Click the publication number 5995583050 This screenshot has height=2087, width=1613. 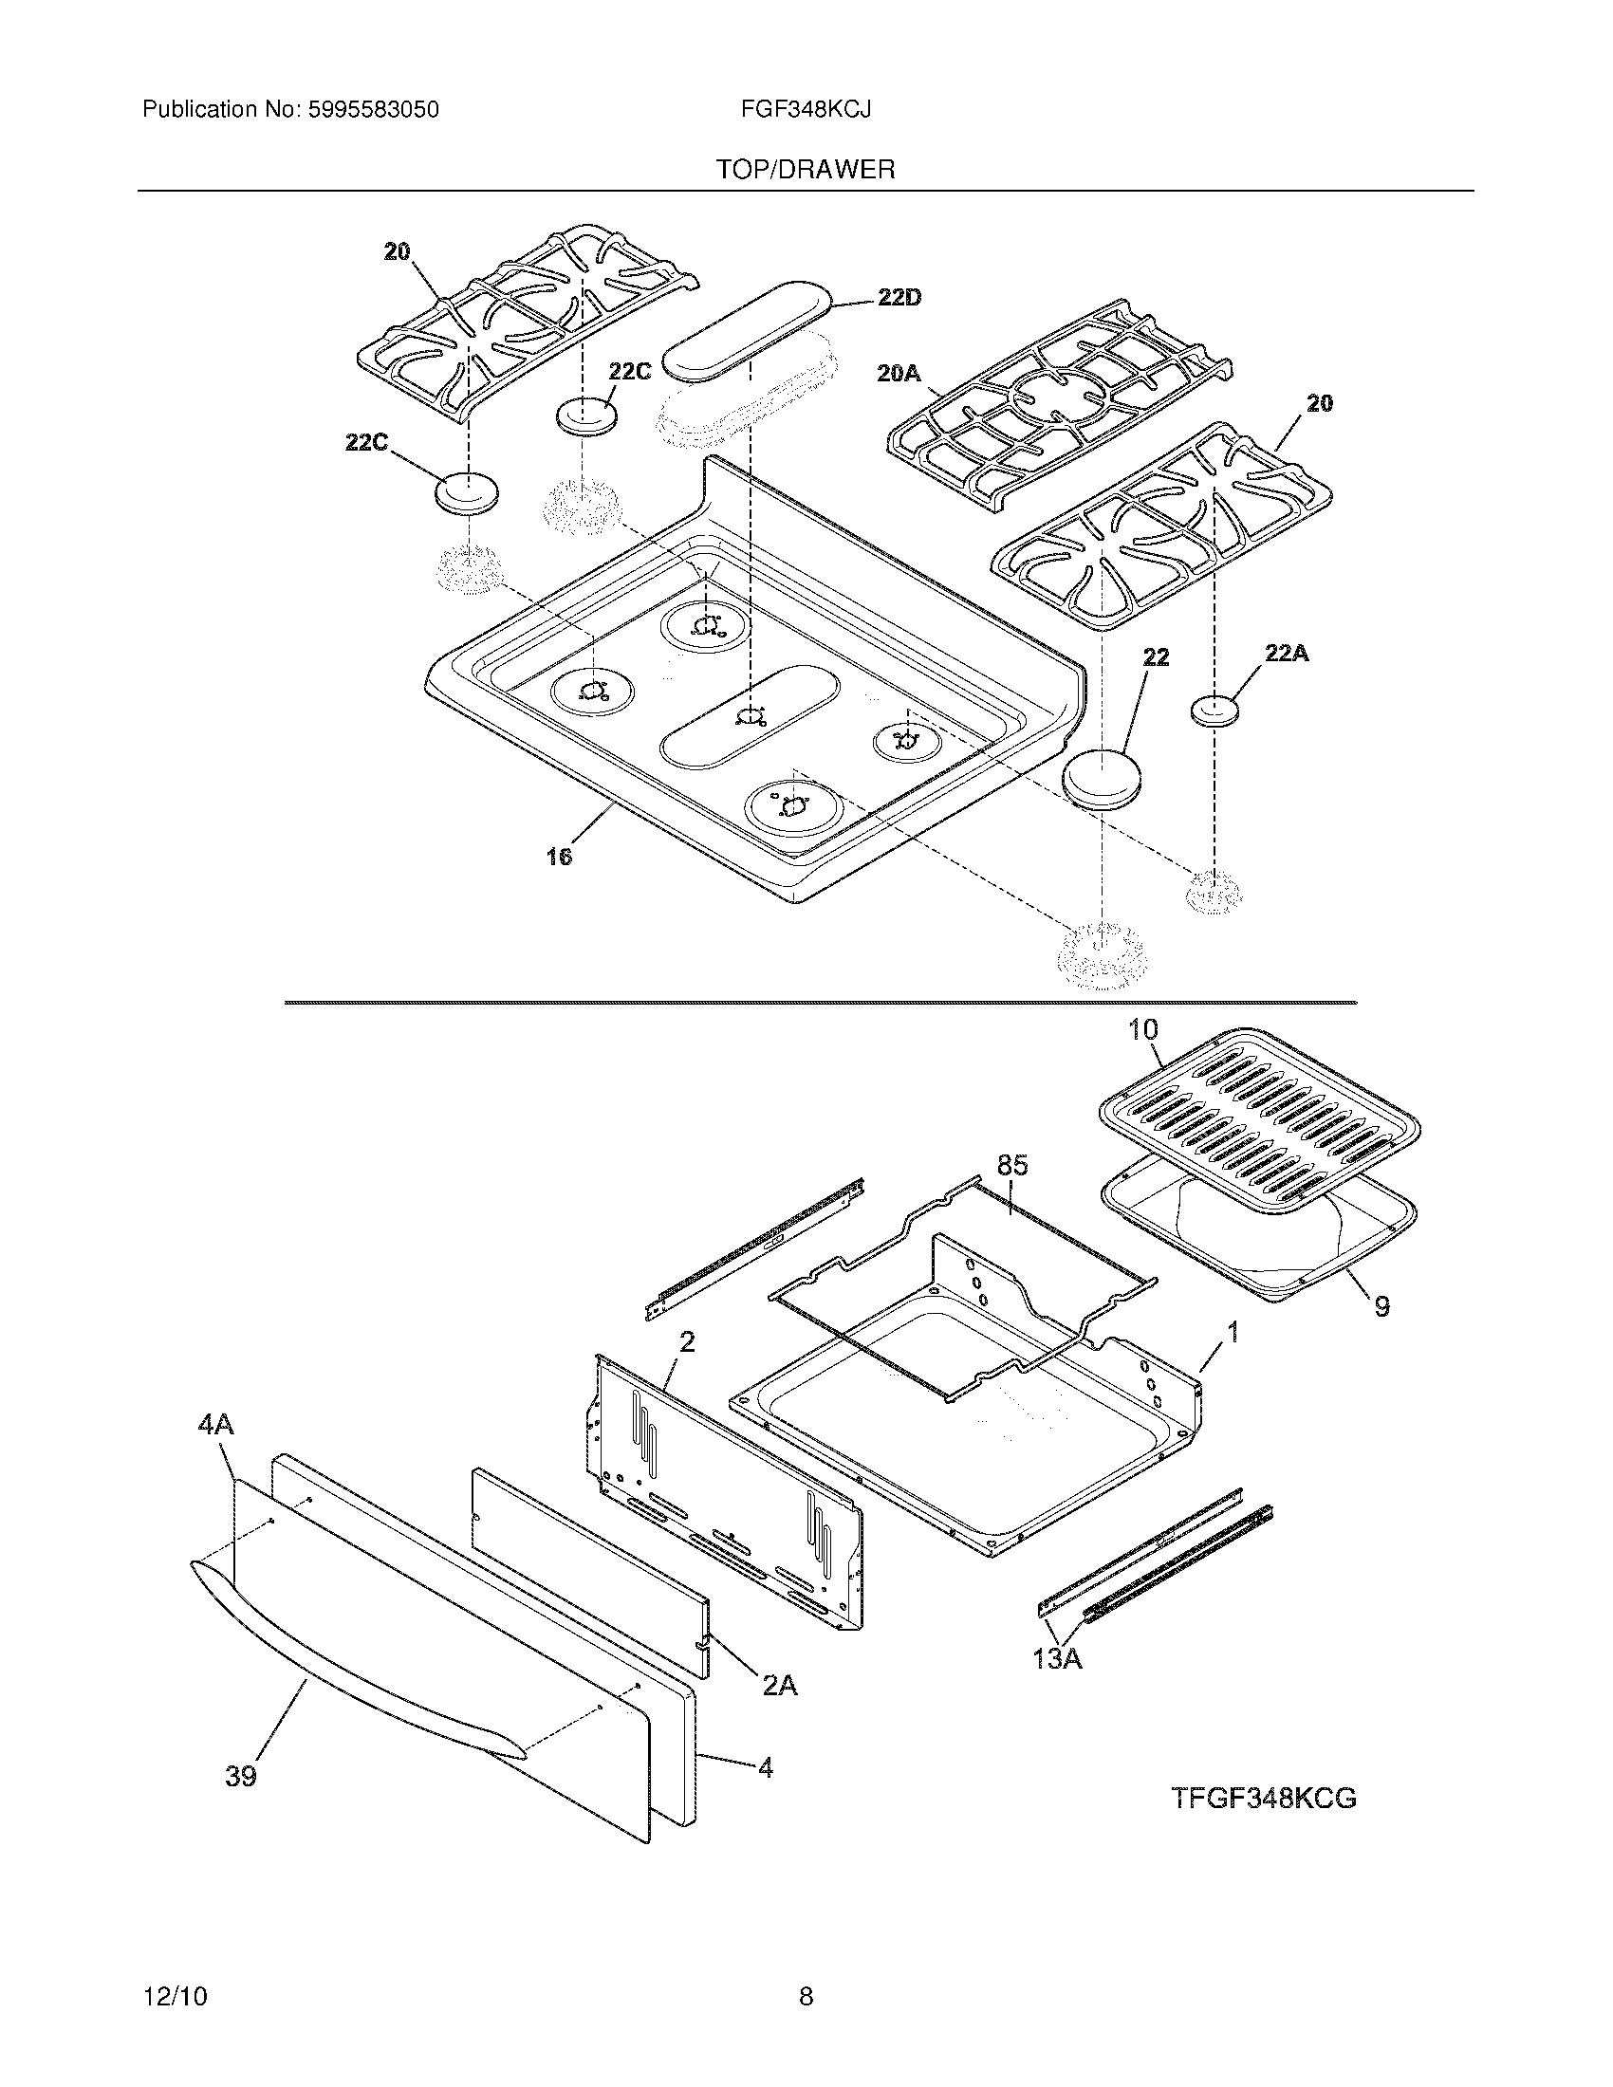coord(374,110)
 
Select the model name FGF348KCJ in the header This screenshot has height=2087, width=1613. coord(806,110)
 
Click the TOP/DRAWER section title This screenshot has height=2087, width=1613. coord(806,170)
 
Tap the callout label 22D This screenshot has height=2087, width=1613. coord(899,298)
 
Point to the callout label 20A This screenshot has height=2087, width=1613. coord(899,374)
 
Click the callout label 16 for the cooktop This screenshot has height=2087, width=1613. coord(559,857)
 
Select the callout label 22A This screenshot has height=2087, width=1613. coord(1287,654)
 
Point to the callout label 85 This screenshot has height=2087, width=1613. coord(1012,1165)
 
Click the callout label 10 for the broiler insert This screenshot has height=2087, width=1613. coord(1143,1030)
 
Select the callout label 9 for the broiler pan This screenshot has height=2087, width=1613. coord(1381,1306)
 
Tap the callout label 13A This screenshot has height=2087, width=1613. coord(1057,1659)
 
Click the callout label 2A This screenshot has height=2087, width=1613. coord(780,1687)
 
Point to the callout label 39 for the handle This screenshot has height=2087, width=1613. coord(241,1777)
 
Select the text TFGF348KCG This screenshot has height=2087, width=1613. coord(1263,1799)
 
